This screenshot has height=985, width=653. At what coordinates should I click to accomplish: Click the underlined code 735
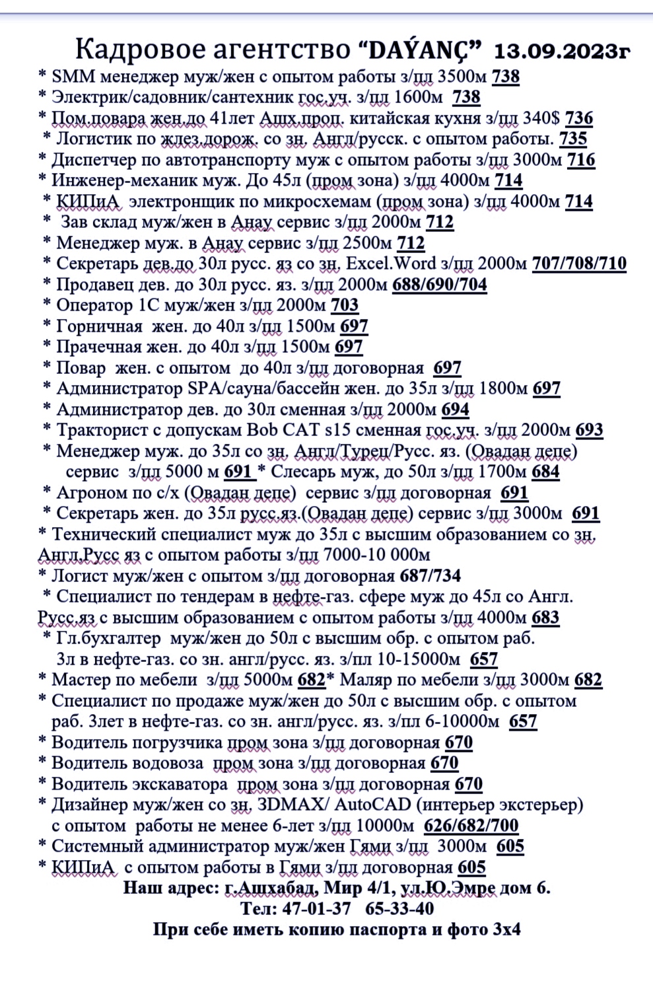(x=572, y=139)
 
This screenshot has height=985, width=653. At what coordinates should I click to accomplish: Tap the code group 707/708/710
(x=579, y=264)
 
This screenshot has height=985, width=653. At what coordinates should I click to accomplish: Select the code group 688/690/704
(x=440, y=285)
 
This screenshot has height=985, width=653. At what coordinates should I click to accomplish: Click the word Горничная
(x=99, y=326)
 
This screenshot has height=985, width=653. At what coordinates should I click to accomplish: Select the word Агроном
(x=87, y=493)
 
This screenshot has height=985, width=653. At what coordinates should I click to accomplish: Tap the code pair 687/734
(x=430, y=576)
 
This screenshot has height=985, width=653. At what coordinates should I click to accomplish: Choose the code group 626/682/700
(x=471, y=826)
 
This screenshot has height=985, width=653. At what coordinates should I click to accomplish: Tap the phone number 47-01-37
(x=316, y=909)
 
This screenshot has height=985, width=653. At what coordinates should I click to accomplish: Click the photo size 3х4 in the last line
(x=506, y=930)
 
